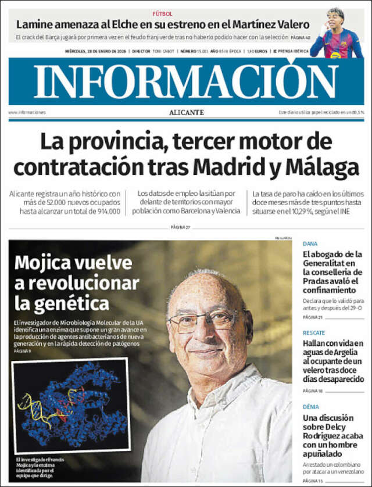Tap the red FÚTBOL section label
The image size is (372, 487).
162,13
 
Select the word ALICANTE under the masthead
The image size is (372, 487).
186,112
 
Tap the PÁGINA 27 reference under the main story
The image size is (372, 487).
181,227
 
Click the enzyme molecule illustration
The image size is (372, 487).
70,404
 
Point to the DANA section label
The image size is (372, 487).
310,244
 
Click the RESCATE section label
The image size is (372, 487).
313,333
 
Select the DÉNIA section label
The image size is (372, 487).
312,407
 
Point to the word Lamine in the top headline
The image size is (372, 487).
35,24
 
